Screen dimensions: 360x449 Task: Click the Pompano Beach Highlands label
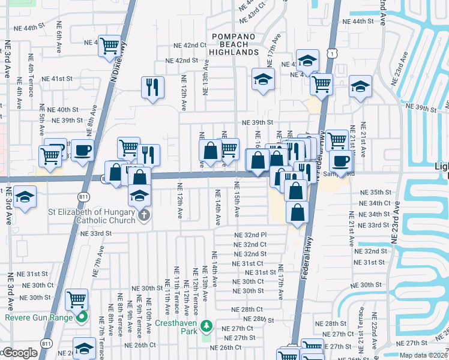coord(234,44)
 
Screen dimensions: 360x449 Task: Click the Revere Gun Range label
coord(39,317)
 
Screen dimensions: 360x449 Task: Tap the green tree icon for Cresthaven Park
coord(206,326)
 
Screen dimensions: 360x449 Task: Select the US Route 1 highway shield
coord(331,54)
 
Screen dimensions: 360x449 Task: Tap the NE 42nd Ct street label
coord(190,46)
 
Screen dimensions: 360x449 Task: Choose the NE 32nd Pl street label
coord(250,235)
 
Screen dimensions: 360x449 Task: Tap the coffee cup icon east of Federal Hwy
coord(341,161)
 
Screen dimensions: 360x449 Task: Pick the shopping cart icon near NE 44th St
coord(109,45)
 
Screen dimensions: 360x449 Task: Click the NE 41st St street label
coord(58,79)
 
